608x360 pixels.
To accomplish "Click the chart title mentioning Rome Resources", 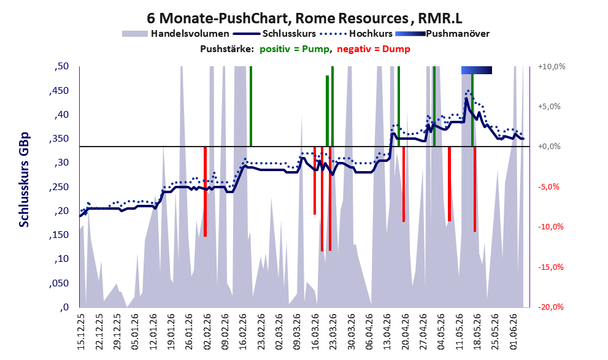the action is point(304,18).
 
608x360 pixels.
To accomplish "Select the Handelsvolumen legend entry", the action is point(175,34).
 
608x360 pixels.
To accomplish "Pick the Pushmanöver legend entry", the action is point(442,34).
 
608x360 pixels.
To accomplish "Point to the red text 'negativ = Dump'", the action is point(374,49).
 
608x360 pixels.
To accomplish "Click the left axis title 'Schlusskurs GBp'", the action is point(24,180).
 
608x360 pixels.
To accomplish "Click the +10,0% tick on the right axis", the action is point(552,67).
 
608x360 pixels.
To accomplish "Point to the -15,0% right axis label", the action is point(550,267).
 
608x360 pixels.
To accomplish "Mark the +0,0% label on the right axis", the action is point(550,147).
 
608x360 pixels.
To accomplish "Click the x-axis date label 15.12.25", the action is point(80,331).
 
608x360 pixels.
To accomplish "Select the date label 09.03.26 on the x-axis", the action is point(298,331).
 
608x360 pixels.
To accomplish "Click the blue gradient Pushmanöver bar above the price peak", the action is point(477,70).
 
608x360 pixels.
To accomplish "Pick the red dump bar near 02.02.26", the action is point(205,191).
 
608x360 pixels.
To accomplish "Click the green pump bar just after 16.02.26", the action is point(251,106).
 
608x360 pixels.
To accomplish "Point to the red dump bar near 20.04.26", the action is point(404,184).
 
